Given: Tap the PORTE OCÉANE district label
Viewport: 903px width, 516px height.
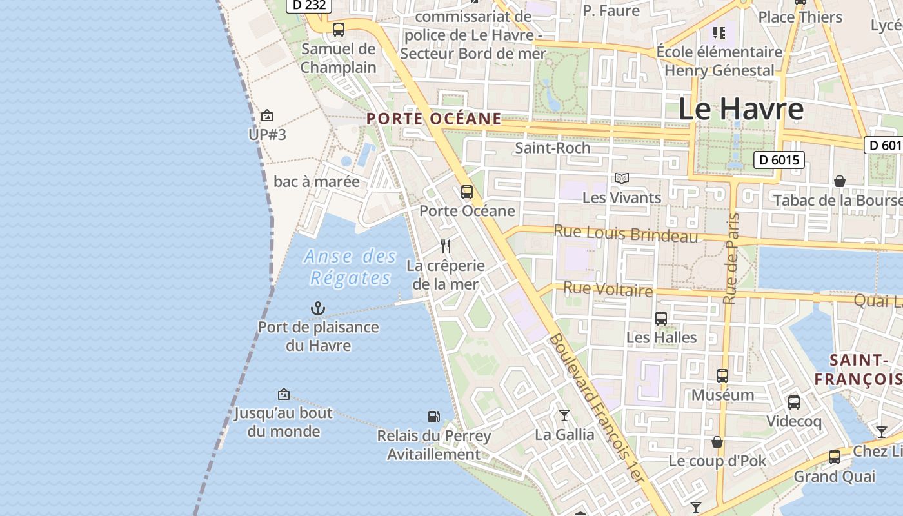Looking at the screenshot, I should tap(433, 119).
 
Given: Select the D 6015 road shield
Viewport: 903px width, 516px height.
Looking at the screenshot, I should tap(779, 160).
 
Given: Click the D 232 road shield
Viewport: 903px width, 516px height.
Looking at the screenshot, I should tap(309, 5).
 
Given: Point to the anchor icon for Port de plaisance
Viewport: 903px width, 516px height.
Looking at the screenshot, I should tap(317, 308).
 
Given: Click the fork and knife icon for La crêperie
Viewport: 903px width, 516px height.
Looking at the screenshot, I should tap(445, 246).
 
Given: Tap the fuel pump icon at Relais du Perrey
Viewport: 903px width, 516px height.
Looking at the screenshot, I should tap(434, 417).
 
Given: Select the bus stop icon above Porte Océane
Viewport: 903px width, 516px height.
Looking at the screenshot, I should tap(466, 192).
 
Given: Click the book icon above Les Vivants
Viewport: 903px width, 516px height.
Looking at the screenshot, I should tap(622, 178).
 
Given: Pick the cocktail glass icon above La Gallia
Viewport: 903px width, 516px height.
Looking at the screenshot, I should tap(564, 415).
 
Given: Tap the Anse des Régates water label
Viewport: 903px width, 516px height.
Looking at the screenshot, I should tap(350, 267).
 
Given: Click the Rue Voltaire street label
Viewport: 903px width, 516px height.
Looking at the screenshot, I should tap(608, 289).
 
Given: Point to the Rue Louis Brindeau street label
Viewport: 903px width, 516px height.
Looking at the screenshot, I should tap(626, 233).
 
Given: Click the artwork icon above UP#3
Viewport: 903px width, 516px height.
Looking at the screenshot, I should tap(266, 115).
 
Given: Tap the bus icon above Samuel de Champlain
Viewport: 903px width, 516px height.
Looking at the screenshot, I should tap(339, 29).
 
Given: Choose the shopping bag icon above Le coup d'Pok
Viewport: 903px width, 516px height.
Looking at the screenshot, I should tap(717, 442).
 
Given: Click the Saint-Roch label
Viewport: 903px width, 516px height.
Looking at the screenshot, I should tap(553, 148).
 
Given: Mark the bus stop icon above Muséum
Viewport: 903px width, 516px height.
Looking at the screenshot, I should tap(722, 375).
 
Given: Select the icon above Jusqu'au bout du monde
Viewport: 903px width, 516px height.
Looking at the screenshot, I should tap(283, 393).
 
